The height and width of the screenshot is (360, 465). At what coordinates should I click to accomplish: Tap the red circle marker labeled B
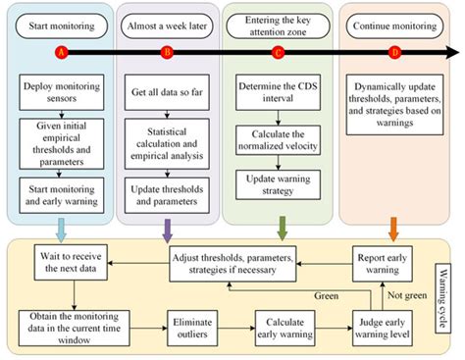click(x=167, y=50)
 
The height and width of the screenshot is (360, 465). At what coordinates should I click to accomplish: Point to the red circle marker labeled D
click(x=394, y=50)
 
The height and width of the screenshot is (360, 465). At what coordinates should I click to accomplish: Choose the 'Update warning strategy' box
click(x=280, y=182)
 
